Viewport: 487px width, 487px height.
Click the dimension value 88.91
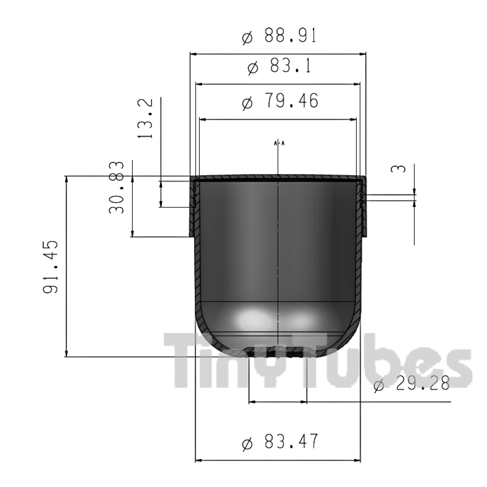(291, 35)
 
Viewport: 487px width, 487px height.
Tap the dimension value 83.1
(291, 66)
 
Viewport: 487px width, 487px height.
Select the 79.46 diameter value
(291, 101)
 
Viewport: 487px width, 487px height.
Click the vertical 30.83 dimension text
(116, 187)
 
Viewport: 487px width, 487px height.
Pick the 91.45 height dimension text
(50, 267)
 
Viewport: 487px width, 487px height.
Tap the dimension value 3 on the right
(398, 168)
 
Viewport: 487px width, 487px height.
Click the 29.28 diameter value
(423, 383)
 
